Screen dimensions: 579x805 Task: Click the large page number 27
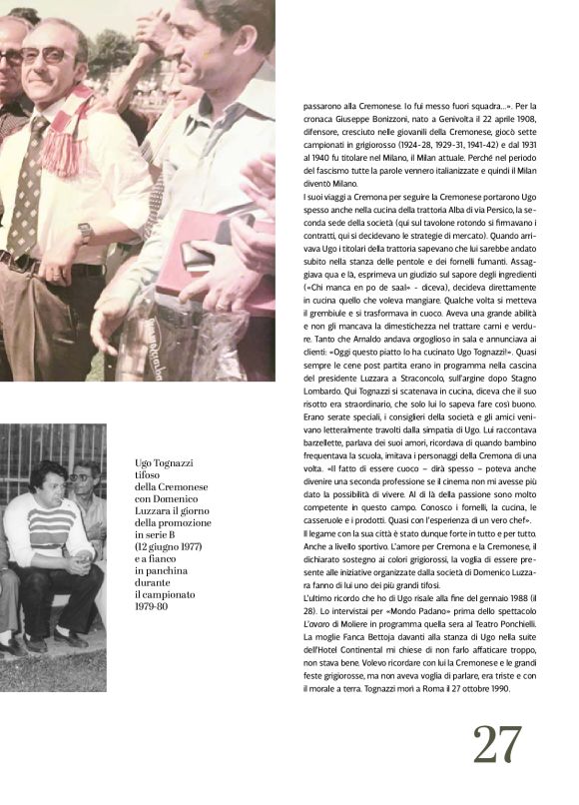point(497,744)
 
